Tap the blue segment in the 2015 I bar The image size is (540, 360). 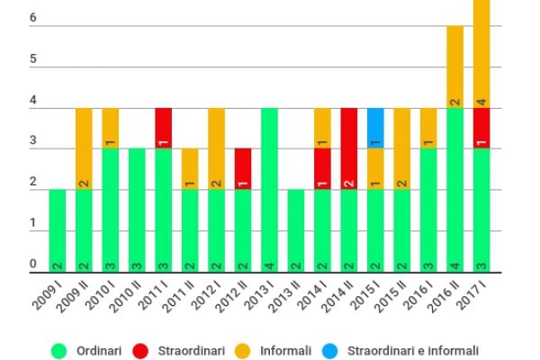[x=376, y=129]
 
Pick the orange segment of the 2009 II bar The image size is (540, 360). [x=84, y=149]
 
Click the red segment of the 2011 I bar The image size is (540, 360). [x=164, y=129]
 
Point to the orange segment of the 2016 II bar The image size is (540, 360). [x=455, y=67]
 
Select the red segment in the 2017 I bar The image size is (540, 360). [x=481, y=129]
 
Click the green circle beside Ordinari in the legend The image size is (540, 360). [x=60, y=350]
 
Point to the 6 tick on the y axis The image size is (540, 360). [x=32, y=18]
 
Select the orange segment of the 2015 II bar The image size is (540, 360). [x=402, y=149]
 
